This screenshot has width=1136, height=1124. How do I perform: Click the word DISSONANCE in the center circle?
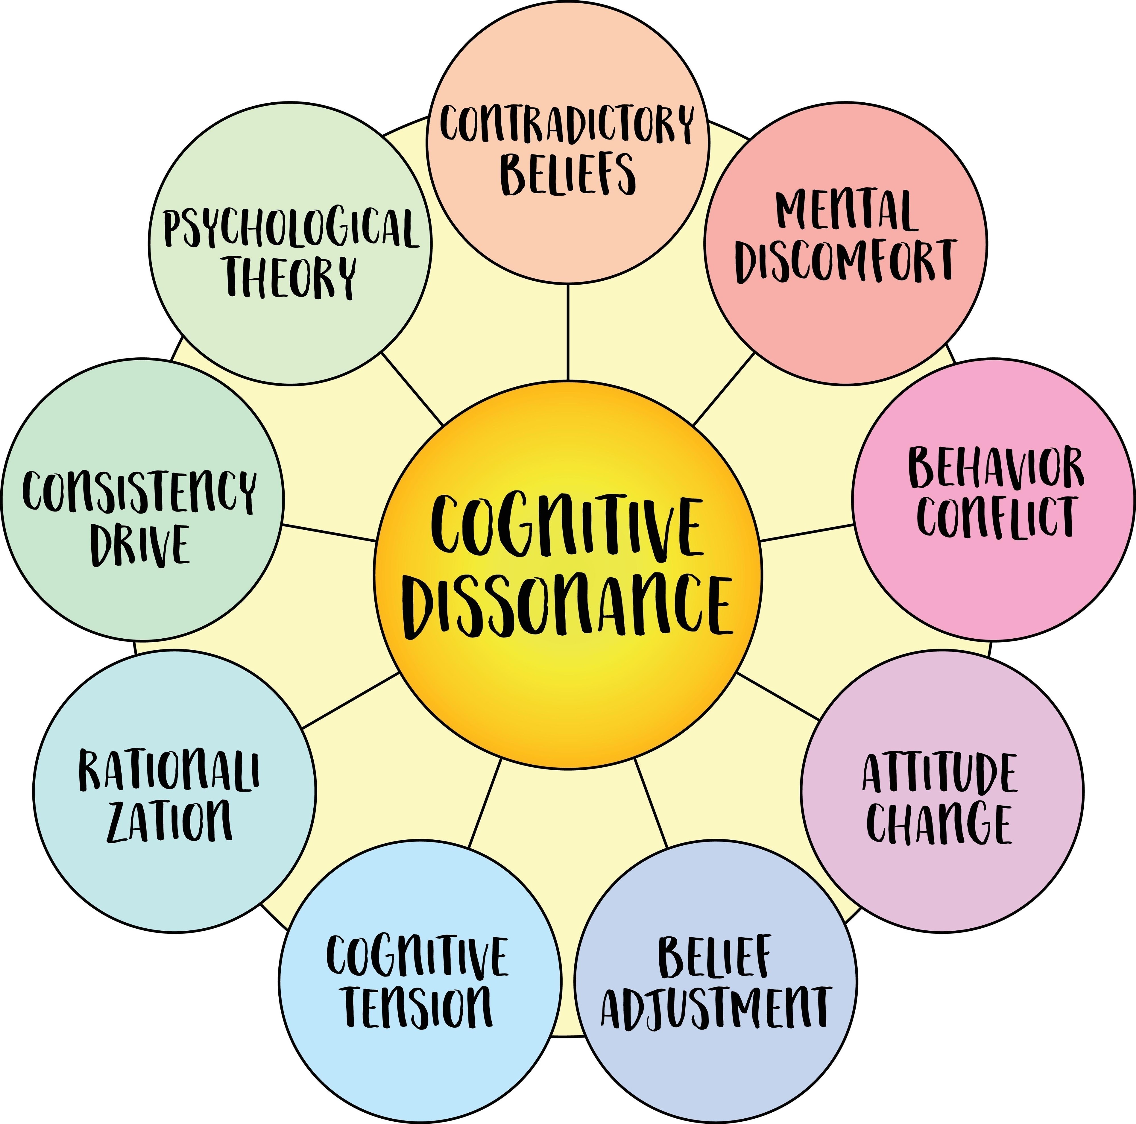(567, 606)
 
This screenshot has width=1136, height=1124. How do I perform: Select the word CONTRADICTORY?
(567, 124)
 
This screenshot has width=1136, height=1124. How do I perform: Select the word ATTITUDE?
(940, 773)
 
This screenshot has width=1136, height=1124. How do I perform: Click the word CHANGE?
(940, 823)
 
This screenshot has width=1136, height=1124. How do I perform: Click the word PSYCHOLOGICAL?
(291, 228)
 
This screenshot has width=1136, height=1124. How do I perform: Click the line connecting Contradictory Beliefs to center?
(568, 332)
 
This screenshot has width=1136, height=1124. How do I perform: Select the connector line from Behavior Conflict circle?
(807, 533)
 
